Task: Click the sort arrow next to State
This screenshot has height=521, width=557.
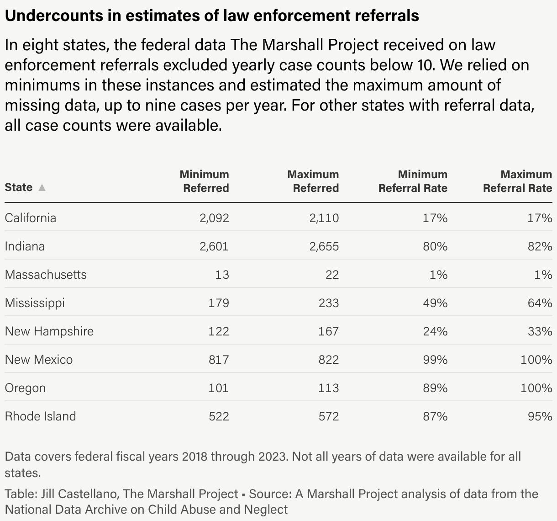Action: click(x=42, y=188)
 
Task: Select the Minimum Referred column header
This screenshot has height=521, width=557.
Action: click(x=204, y=181)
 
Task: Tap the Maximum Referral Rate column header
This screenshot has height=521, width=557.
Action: click(x=517, y=181)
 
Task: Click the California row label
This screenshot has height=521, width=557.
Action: click(x=31, y=218)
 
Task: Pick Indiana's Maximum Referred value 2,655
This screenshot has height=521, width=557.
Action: click(x=324, y=246)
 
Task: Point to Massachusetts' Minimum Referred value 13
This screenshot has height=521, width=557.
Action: click(x=222, y=275)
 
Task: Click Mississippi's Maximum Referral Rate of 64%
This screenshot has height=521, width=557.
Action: click(x=540, y=303)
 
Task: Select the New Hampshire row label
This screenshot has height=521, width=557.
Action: click(x=49, y=331)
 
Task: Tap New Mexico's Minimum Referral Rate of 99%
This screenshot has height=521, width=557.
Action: click(x=435, y=360)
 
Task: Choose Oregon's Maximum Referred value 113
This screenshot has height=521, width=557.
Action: click(x=328, y=388)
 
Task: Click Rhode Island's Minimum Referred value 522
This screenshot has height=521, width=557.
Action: click(x=218, y=416)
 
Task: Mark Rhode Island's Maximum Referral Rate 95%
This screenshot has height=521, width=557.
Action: click(x=540, y=416)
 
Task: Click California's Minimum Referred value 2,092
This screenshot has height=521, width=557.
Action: click(x=214, y=218)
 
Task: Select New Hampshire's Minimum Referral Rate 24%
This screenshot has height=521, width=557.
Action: click(x=435, y=331)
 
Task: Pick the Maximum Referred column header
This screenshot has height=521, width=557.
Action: click(x=313, y=181)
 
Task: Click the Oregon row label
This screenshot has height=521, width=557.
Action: click(x=25, y=388)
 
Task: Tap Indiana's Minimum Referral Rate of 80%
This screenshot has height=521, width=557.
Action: click(x=435, y=246)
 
